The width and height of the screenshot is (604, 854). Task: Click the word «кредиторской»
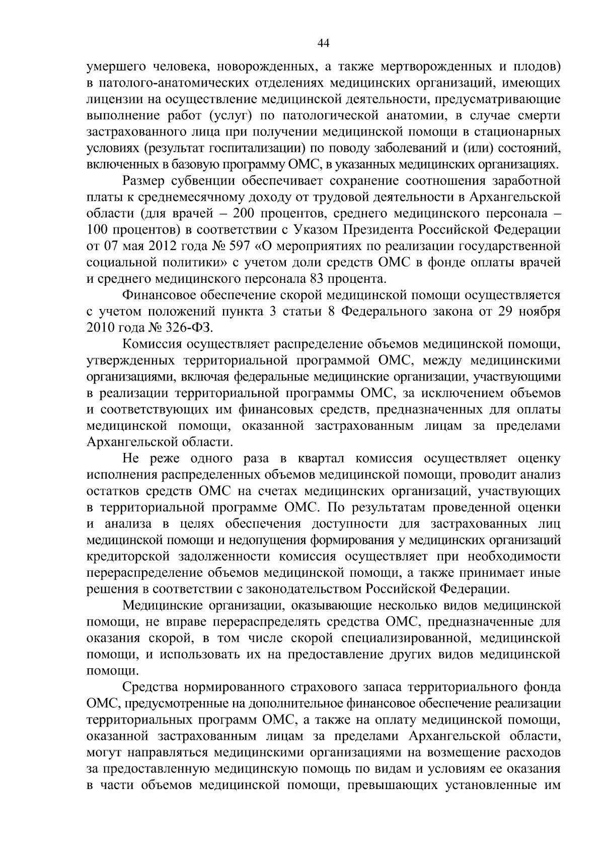tap(128, 557)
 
